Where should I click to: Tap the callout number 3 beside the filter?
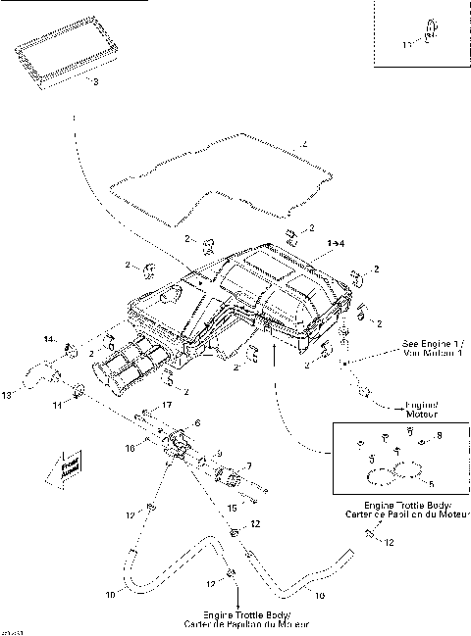pyautogui.click(x=94, y=82)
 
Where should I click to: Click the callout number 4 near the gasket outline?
pyautogui.click(x=305, y=146)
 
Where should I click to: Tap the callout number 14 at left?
pyautogui.click(x=49, y=339)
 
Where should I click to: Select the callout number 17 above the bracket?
pyautogui.click(x=167, y=405)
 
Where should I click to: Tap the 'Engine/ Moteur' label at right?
pyautogui.click(x=423, y=408)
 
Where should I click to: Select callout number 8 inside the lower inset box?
pyautogui.click(x=439, y=436)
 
